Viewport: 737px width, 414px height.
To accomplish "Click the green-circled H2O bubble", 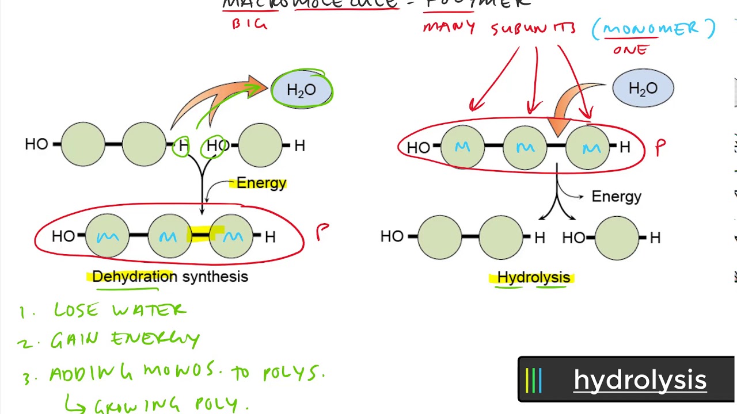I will (302, 90).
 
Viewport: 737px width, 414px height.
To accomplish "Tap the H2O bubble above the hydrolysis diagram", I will (643, 89).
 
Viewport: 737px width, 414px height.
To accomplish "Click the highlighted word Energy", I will (261, 183).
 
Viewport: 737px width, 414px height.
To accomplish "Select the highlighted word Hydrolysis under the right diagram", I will (533, 278).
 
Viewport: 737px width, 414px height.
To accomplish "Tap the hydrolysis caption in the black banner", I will (640, 380).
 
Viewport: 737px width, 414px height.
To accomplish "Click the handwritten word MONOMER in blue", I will (653, 29).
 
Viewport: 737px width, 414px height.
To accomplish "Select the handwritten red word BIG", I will (249, 24).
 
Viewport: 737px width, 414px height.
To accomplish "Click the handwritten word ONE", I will (630, 50).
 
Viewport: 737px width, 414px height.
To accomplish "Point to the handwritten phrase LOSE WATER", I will (120, 310).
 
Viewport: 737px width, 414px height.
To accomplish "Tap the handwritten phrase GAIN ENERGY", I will (125, 340).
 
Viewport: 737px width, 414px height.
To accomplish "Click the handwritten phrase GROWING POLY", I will (171, 404).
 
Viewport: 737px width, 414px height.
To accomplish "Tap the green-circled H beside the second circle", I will (183, 146).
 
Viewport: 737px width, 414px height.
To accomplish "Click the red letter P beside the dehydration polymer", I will (322, 232).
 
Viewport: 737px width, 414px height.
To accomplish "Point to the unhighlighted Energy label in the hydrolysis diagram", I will (616, 197).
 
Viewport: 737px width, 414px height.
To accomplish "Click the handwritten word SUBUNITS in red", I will (533, 28).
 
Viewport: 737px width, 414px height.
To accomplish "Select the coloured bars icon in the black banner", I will (534, 380).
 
